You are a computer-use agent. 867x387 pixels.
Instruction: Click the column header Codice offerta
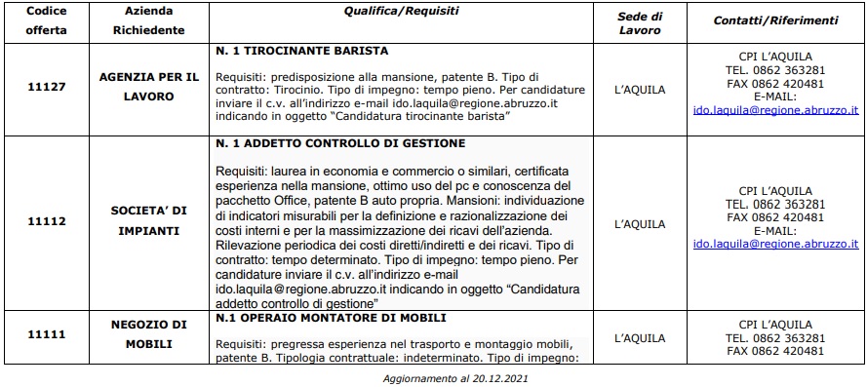click(46, 19)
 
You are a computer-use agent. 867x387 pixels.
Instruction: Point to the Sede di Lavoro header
click(640, 19)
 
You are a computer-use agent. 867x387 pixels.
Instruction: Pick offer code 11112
click(46, 222)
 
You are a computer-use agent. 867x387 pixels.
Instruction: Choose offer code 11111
click(46, 334)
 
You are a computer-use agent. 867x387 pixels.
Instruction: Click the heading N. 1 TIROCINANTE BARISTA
click(302, 50)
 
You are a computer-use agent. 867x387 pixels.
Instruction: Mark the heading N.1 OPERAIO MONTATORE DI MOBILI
click(332, 318)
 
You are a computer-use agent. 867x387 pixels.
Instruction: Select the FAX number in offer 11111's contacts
click(788, 351)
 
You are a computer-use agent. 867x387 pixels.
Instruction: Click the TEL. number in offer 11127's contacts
click(789, 70)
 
